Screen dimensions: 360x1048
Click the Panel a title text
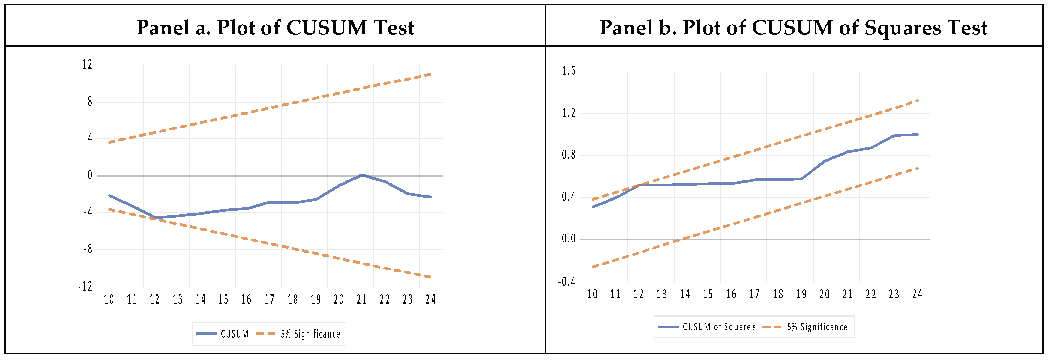tap(275, 28)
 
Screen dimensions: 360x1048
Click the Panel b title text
tap(793, 28)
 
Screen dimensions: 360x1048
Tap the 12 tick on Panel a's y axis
tap(87, 64)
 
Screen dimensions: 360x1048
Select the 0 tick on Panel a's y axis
tap(90, 175)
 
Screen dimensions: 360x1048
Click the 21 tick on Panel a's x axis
tap(362, 299)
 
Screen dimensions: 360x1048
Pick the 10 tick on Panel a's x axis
tap(109, 299)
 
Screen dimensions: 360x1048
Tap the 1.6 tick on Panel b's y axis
tap(569, 71)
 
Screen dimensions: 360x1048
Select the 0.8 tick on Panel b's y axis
tap(569, 155)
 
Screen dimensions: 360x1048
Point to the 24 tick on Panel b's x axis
tap(917, 294)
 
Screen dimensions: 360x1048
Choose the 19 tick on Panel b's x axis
tap(801, 294)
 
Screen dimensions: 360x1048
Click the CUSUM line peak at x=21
tap(362, 175)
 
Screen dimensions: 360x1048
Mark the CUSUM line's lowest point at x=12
tap(155, 217)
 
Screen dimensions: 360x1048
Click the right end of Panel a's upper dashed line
tap(430, 74)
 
